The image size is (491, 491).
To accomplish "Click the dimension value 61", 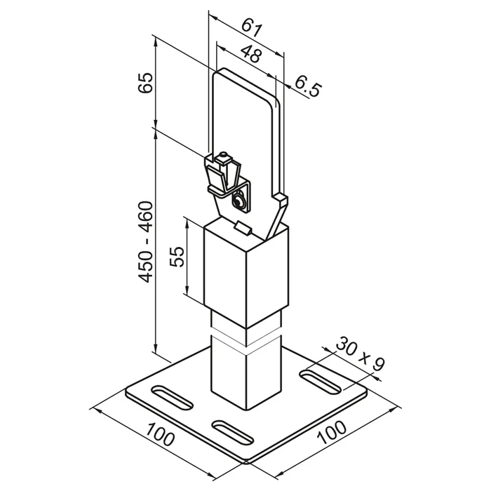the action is coord(251,28).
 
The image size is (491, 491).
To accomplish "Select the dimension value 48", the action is coord(251,54).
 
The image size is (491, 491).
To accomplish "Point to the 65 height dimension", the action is coord(145,82).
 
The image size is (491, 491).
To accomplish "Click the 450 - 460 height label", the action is coord(145,242).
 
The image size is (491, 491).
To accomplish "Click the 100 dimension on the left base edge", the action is coord(160,433).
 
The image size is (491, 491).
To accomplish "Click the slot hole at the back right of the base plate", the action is coord(320,382).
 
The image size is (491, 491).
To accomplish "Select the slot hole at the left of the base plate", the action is coord(172,397).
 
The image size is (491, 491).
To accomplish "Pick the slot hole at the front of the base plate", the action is coord(233,433).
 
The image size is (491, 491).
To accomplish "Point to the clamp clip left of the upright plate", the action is coord(222,175).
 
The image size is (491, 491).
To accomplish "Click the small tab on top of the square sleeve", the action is coord(243,227).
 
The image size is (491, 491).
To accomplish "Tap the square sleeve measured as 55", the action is coord(246,272).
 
